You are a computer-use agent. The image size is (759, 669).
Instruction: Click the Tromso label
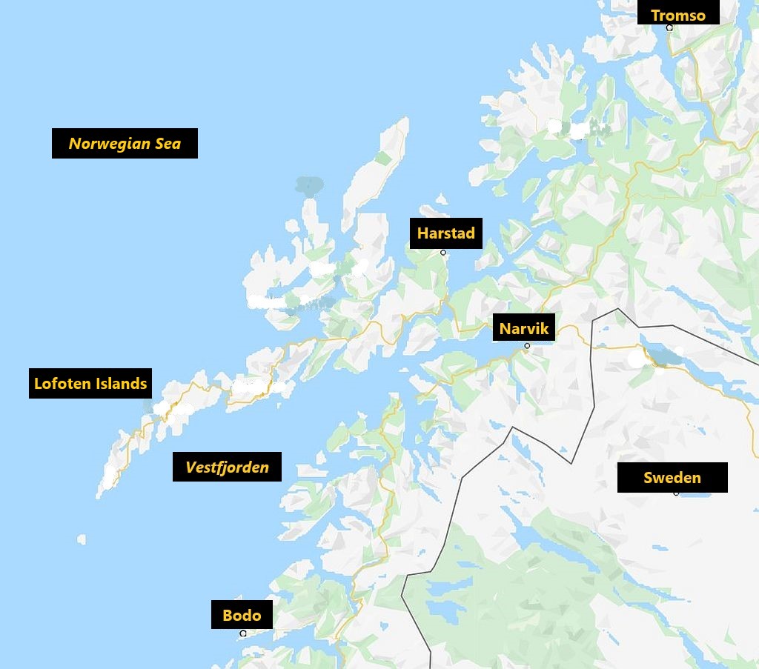[678, 15]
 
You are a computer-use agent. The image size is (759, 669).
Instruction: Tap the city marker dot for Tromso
[669, 28]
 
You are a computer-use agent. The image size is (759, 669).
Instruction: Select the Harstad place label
[445, 233]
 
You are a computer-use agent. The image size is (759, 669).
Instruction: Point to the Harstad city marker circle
[443, 253]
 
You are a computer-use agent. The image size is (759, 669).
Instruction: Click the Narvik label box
[524, 328]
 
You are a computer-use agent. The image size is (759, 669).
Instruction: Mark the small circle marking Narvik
[527, 346]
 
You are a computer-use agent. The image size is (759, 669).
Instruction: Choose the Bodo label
[242, 615]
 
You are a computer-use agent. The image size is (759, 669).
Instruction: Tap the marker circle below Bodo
[243, 633]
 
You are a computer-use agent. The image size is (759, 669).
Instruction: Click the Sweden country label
[672, 477]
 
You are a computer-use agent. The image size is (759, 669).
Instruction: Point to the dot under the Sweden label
[676, 493]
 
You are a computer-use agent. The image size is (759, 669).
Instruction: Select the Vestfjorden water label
[227, 467]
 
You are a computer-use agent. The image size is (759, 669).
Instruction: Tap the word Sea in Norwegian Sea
[168, 144]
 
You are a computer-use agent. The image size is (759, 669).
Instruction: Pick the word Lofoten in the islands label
[62, 384]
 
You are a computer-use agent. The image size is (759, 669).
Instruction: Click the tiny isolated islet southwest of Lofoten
[82, 539]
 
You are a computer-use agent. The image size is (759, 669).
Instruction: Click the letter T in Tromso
[656, 15]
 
